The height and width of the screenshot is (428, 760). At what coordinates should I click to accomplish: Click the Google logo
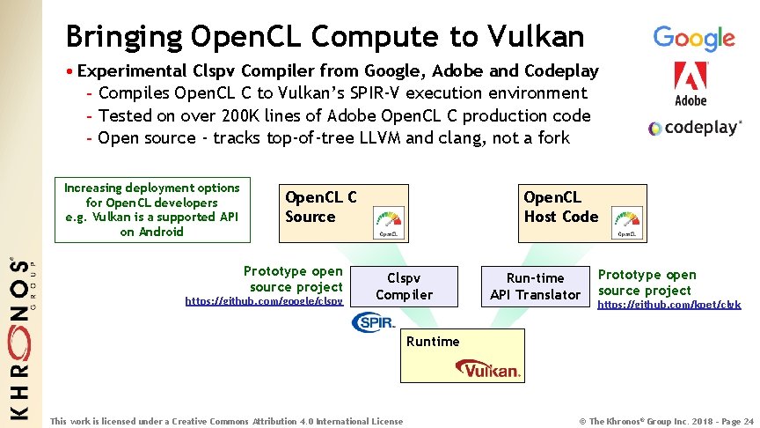(x=693, y=38)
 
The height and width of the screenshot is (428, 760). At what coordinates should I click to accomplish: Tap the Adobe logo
(x=691, y=84)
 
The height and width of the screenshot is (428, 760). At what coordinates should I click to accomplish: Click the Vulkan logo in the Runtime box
(x=491, y=370)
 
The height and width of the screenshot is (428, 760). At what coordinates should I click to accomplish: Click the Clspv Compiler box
(x=404, y=286)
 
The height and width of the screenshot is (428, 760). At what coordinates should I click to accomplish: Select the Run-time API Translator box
(x=535, y=286)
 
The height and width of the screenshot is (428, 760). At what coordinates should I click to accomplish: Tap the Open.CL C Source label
(x=320, y=207)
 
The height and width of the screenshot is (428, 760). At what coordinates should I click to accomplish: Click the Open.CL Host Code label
(x=560, y=207)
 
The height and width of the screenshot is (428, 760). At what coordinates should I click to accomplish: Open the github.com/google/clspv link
(x=264, y=301)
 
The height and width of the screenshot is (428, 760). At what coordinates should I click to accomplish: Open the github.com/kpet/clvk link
(x=669, y=305)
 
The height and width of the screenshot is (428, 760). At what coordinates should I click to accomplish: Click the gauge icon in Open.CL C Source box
(x=388, y=221)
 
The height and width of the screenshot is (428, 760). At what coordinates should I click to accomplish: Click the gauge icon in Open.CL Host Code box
(x=627, y=221)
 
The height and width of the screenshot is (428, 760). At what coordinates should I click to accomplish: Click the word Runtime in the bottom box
(x=432, y=341)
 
